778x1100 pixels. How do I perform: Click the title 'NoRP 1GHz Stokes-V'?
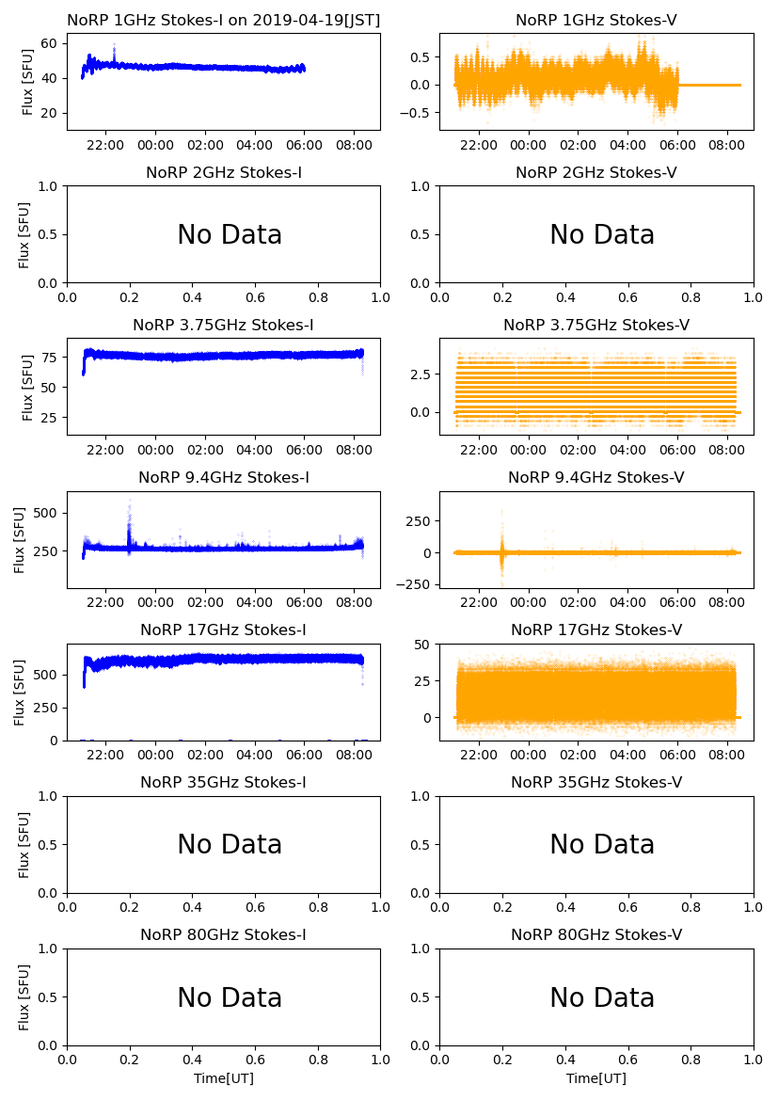coord(595,21)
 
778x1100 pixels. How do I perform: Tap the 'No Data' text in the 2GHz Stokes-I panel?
coord(230,235)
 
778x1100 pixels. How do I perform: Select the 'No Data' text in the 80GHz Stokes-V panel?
coord(602,997)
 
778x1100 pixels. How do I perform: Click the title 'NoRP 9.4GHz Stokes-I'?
coord(223,478)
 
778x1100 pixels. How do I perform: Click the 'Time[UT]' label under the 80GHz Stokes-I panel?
coord(223,1078)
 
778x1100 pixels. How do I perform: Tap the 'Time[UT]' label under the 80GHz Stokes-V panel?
coord(595,1078)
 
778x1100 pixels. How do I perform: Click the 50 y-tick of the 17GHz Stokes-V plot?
coord(422,645)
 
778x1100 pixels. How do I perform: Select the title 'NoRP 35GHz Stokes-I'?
coord(223,783)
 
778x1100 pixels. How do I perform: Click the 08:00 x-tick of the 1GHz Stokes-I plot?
coord(354,145)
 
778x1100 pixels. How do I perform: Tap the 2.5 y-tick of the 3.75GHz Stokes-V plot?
coord(420,375)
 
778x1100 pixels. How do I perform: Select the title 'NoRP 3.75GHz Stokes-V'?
coord(595,326)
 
